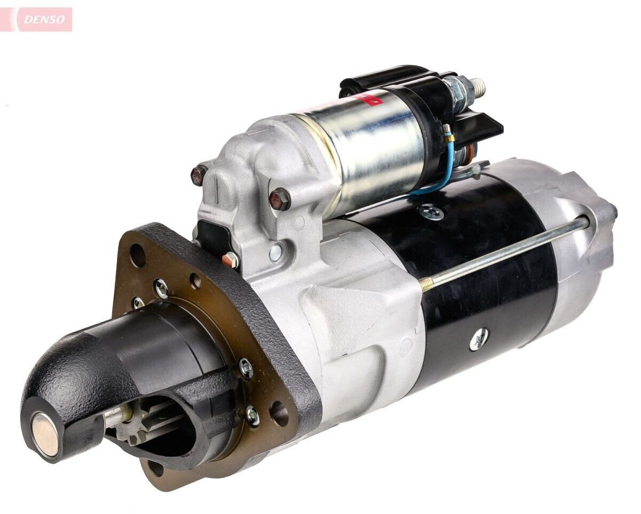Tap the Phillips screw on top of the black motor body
click(431, 212)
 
